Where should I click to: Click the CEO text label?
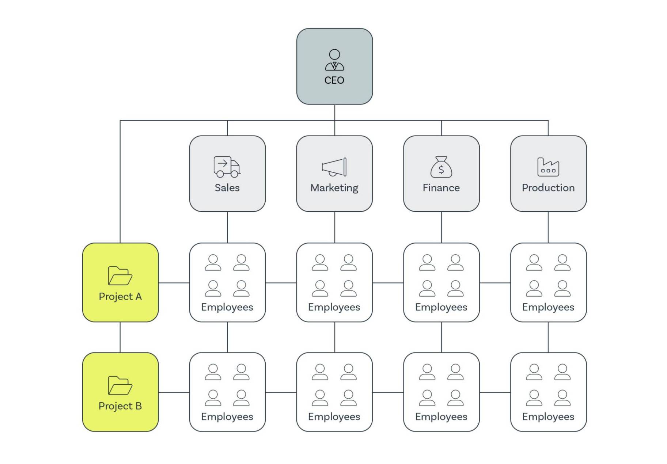click(x=334, y=80)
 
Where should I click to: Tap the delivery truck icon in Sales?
click(x=227, y=167)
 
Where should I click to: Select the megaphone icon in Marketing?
click(x=334, y=167)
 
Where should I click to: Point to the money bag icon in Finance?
click(x=441, y=167)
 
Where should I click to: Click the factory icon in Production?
click(x=548, y=167)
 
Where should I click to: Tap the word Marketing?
click(x=334, y=188)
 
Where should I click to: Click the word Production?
click(x=548, y=188)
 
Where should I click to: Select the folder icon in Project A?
click(x=120, y=275)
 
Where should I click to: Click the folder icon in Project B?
click(x=120, y=385)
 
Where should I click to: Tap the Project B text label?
click(x=120, y=406)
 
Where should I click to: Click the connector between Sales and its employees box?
click(x=227, y=227)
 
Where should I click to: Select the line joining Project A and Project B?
click(x=120, y=337)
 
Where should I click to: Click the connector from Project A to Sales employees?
click(x=174, y=282)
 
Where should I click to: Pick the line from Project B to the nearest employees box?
click(x=174, y=392)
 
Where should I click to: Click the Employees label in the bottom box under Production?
click(x=548, y=417)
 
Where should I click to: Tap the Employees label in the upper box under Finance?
click(x=441, y=307)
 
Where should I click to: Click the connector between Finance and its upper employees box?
click(x=441, y=227)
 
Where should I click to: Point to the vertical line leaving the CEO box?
click(x=334, y=112)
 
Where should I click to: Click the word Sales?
click(x=227, y=188)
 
